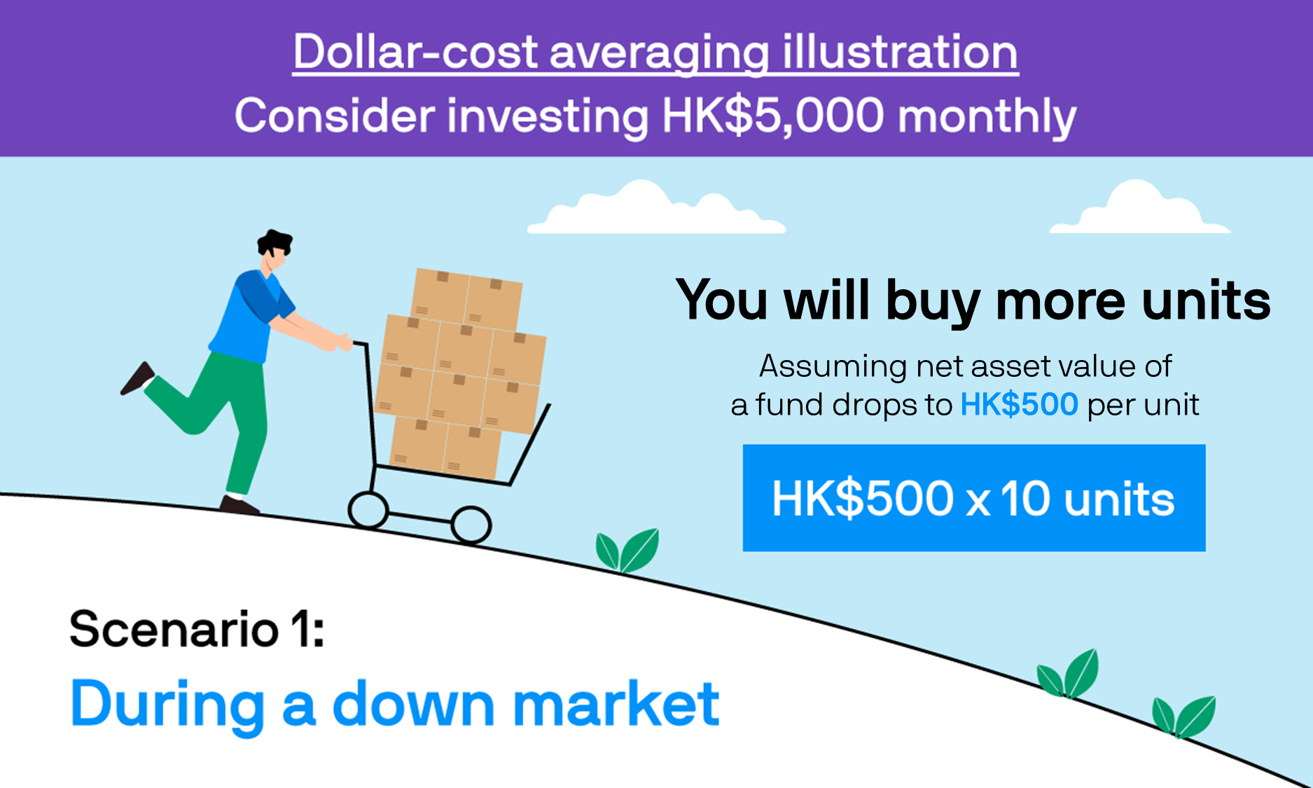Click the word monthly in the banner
click(x=987, y=118)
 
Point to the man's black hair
click(x=275, y=242)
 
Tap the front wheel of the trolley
click(x=471, y=525)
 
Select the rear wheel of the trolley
click(x=368, y=510)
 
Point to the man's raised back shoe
click(x=137, y=378)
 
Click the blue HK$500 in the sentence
click(x=1019, y=405)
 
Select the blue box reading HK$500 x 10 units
click(x=974, y=498)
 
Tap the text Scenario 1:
click(x=197, y=628)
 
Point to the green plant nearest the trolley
click(x=627, y=551)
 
